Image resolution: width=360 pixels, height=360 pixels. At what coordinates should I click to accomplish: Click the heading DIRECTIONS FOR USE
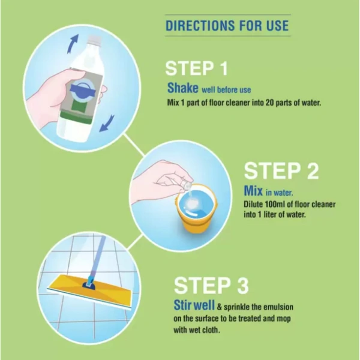227,26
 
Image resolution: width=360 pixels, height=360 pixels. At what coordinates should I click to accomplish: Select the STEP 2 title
281,170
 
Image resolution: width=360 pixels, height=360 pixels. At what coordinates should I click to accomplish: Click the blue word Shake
182,89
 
